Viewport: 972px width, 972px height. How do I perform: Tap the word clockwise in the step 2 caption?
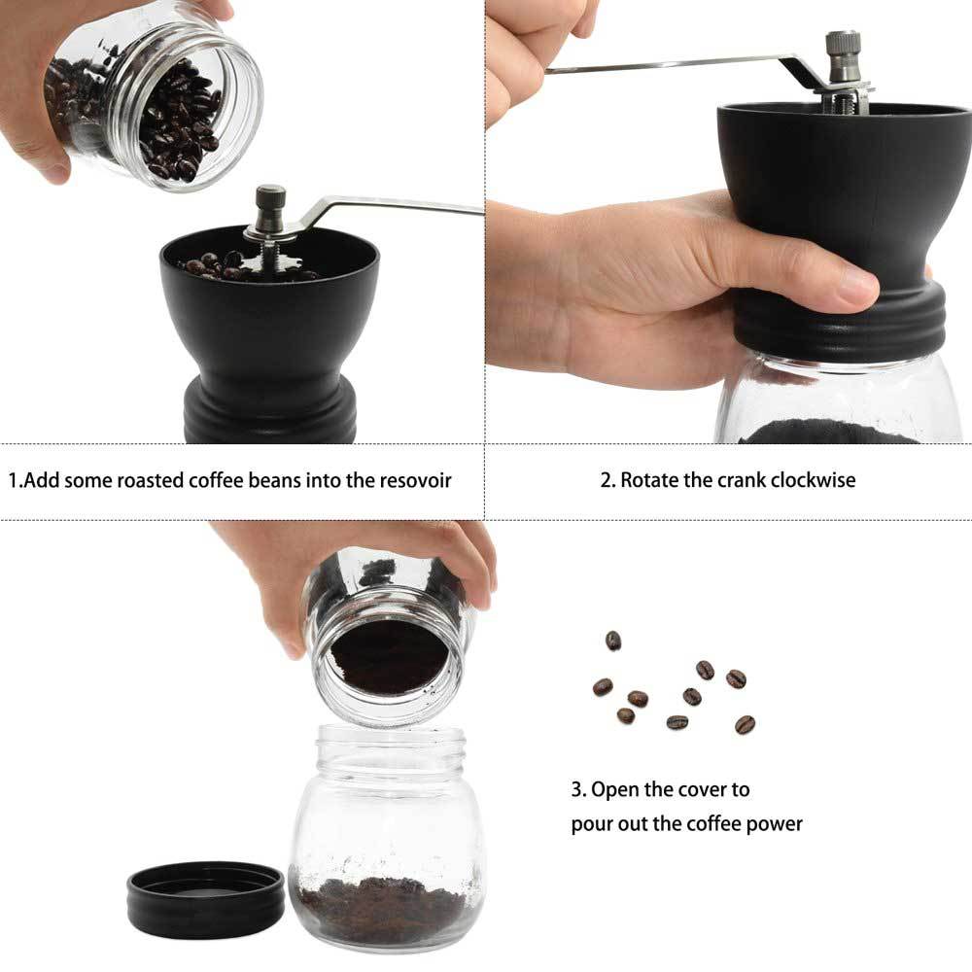click(x=812, y=480)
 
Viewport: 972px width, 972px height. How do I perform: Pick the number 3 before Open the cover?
click(x=575, y=789)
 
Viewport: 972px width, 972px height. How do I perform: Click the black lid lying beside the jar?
click(x=205, y=898)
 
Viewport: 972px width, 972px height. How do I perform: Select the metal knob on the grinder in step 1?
click(x=270, y=204)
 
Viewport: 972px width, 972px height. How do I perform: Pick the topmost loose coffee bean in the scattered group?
click(x=613, y=640)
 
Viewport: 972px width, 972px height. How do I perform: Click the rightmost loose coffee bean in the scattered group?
click(x=745, y=724)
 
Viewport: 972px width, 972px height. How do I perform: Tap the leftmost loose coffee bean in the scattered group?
click(x=603, y=687)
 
